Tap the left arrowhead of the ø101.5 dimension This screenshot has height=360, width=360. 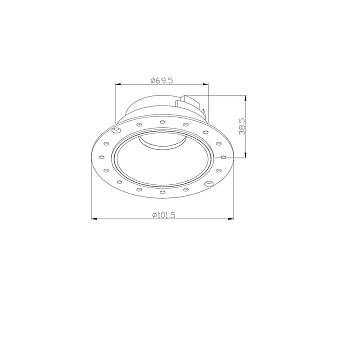[x=93, y=219]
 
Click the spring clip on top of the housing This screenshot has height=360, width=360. [x=187, y=101]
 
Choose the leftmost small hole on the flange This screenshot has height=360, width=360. [x=98, y=158]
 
